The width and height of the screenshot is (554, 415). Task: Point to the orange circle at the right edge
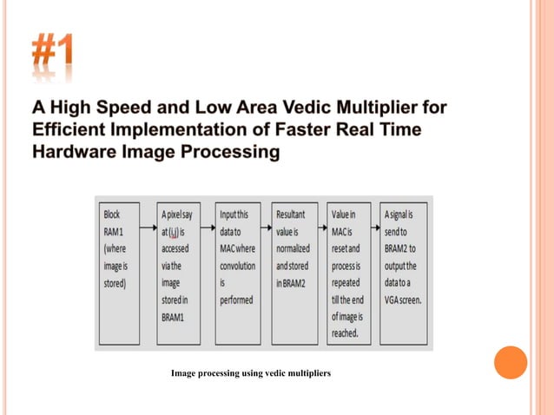click(511, 362)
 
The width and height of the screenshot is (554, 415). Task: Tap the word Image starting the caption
click(185, 374)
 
